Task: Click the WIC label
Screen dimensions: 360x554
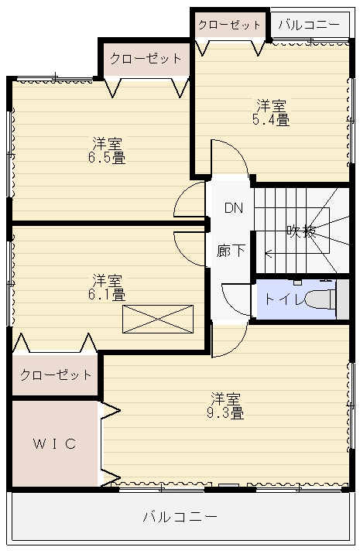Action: pyautogui.click(x=55, y=443)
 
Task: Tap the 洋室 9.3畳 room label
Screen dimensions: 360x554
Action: pyautogui.click(x=225, y=405)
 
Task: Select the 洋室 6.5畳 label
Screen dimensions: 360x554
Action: pyautogui.click(x=107, y=151)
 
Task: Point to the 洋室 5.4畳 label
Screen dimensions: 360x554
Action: pyautogui.click(x=271, y=113)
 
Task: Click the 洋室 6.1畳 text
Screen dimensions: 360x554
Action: pyautogui.click(x=107, y=287)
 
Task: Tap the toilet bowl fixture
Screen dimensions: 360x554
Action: pyautogui.click(x=320, y=299)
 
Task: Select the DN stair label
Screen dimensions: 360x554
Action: pyautogui.click(x=234, y=207)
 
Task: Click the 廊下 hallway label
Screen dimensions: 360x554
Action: pyautogui.click(x=231, y=251)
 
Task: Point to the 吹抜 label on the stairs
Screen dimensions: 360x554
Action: pyautogui.click(x=301, y=231)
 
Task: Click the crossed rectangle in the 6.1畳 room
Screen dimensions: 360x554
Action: pyautogui.click(x=158, y=319)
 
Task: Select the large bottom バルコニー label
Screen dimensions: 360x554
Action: pyautogui.click(x=180, y=517)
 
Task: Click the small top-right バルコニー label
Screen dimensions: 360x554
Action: pyautogui.click(x=309, y=25)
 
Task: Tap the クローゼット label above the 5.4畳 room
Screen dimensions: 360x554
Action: pyautogui.click(x=229, y=25)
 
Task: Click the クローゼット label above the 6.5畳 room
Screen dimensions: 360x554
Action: pyautogui.click(x=146, y=58)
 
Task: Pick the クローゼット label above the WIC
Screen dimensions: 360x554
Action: pyautogui.click(x=56, y=374)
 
